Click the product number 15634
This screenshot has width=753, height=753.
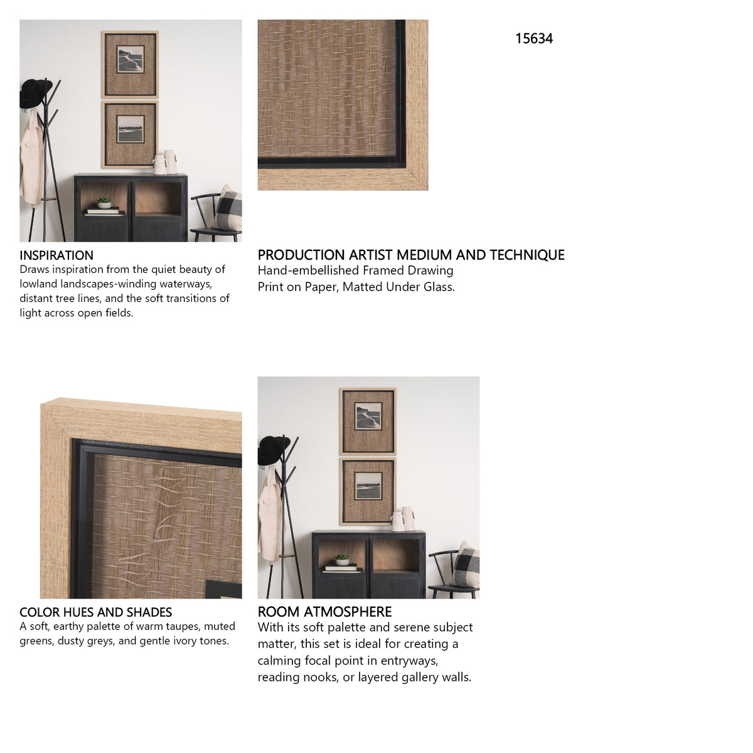click(534, 39)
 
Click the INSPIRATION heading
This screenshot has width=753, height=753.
click(56, 255)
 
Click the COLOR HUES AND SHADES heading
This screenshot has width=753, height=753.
click(96, 612)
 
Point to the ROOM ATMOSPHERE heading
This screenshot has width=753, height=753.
click(324, 612)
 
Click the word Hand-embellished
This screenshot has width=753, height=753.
click(308, 270)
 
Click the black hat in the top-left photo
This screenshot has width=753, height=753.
click(35, 93)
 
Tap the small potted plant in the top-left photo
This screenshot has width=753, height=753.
click(104, 203)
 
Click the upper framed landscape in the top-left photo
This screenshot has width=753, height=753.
click(130, 65)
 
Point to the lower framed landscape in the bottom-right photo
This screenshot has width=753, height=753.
click(368, 491)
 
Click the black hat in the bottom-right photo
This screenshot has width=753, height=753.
click(273, 450)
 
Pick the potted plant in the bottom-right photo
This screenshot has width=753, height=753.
click(343, 559)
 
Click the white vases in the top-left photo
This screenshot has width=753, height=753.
click(166, 162)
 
